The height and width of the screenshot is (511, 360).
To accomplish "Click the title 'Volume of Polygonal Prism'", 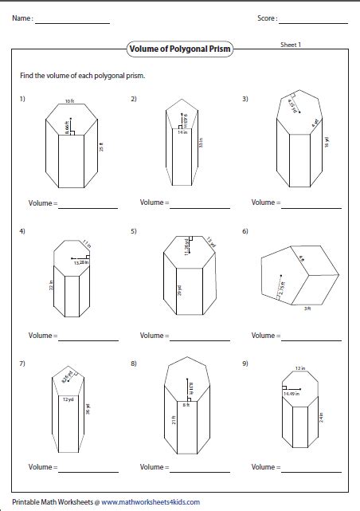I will [179, 49].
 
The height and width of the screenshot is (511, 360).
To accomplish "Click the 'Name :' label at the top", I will [22, 18].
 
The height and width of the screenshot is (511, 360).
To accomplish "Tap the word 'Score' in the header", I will [266, 18].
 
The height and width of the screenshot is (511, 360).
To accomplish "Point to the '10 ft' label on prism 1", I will [69, 102].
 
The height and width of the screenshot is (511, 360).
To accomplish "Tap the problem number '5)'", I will [135, 231].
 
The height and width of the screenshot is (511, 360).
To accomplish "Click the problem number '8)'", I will [135, 364].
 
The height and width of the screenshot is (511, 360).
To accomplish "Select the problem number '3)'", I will [246, 99].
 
